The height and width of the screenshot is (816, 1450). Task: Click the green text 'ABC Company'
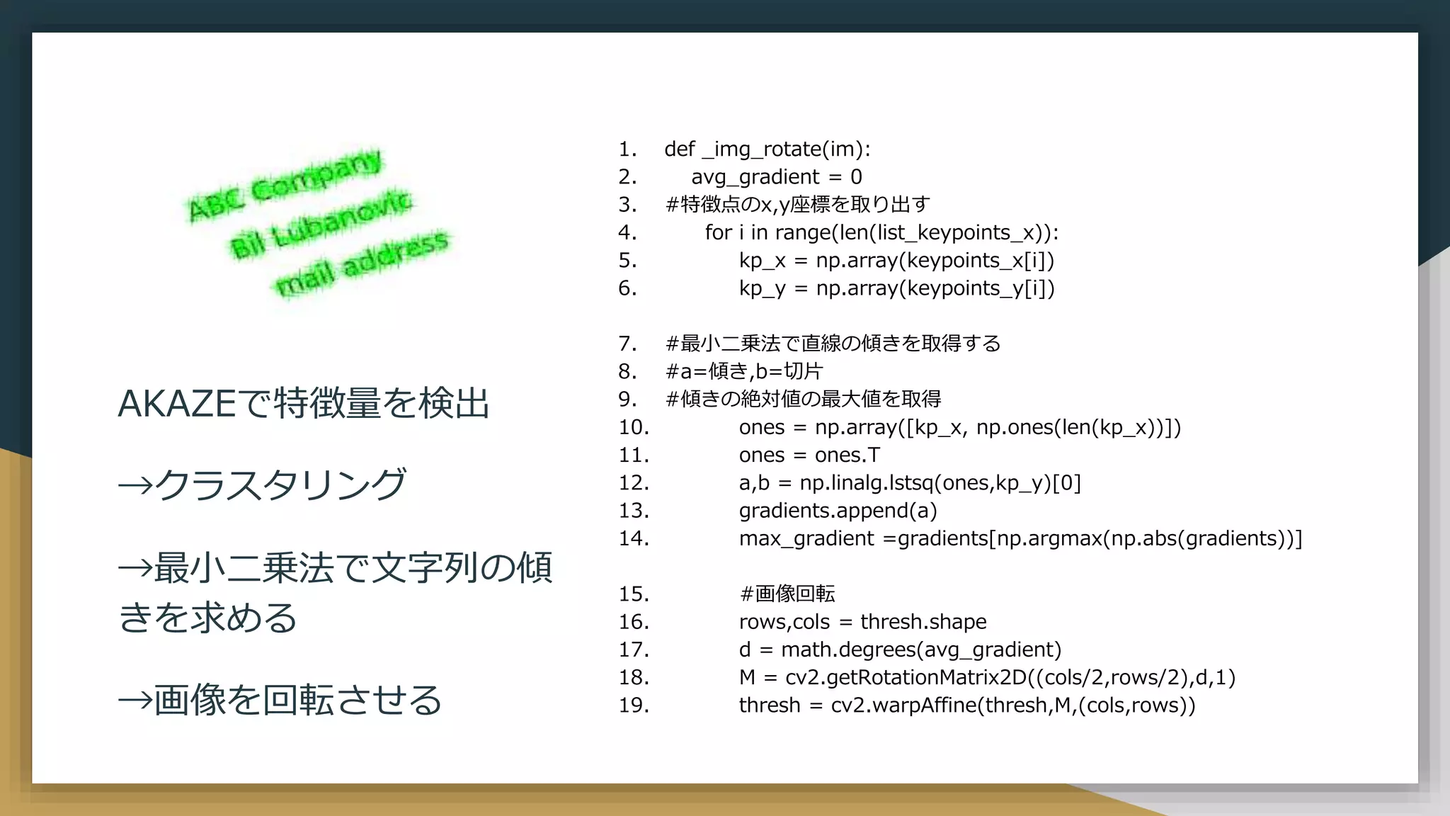pos(285,185)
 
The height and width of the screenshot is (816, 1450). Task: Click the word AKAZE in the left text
pos(176,404)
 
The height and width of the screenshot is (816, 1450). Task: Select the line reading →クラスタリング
pos(262,485)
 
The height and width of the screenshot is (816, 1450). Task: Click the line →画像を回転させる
pos(280,700)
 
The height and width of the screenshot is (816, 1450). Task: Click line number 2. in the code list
pos(627,177)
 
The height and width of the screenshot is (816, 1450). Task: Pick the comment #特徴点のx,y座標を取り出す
pos(797,205)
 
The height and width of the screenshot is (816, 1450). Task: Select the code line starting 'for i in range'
pos(881,232)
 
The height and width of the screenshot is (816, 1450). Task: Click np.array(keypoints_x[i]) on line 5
pos(935,261)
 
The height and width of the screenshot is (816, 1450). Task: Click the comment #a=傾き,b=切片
pos(743,371)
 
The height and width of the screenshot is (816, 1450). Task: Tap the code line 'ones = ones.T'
pos(809,455)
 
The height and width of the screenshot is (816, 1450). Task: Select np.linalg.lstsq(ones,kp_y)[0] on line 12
pos(940,483)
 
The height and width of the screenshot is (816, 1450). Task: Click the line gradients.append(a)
pos(838,511)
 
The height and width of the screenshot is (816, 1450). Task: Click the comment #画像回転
pos(787,594)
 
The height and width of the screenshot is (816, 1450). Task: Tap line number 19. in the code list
pos(634,705)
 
